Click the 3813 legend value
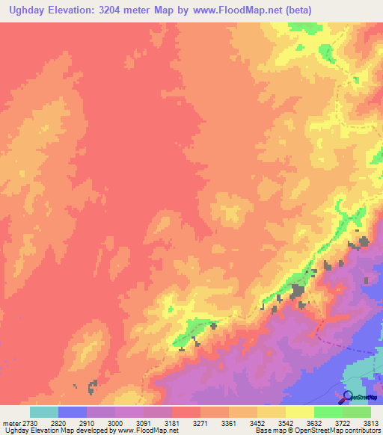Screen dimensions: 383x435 tap(372, 423)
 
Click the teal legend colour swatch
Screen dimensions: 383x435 tap(44, 412)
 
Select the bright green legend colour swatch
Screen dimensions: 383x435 tap(328, 412)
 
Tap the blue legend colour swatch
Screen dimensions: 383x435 tap(73, 412)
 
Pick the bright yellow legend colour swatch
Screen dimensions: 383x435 tap(299, 412)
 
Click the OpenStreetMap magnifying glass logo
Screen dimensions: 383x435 tap(347, 396)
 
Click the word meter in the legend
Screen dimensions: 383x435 tap(12, 423)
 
